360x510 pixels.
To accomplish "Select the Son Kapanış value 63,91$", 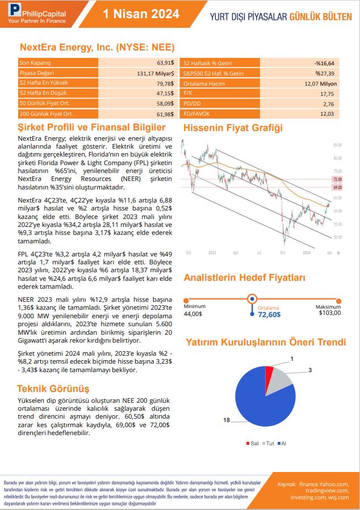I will tap(165, 62).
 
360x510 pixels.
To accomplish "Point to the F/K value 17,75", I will tap(328, 94).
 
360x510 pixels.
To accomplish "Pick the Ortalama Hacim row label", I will tap(200, 83).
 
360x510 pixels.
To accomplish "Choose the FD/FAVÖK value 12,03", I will tap(328, 114).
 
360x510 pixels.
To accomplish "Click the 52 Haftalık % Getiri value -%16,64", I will tap(324, 63).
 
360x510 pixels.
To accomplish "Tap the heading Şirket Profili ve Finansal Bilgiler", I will tap(91, 128).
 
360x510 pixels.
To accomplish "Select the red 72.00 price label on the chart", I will tap(337, 179).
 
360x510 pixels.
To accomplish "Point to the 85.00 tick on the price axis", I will tap(337, 145).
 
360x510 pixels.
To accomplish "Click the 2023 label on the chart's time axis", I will tap(212, 252).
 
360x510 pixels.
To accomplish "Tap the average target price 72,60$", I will tap(269, 314).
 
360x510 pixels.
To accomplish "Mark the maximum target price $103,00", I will tap(330, 313).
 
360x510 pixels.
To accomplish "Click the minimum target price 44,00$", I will tap(193, 313).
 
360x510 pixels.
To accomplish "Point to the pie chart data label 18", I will tap(227, 420).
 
